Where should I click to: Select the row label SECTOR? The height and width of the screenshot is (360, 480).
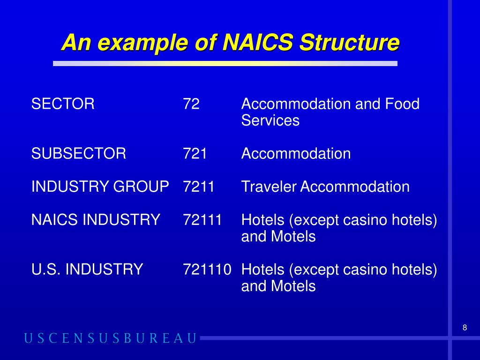63,104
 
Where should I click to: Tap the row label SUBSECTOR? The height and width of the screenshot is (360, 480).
79,153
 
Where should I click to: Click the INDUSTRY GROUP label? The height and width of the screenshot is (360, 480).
100,187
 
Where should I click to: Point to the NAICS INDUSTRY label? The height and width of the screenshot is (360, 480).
96,219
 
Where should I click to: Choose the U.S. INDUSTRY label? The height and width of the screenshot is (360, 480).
87,269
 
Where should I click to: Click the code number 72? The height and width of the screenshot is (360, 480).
191,104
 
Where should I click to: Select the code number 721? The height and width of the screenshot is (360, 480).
195,153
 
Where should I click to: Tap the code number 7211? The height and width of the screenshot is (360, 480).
199,187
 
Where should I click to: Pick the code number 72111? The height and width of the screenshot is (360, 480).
202,219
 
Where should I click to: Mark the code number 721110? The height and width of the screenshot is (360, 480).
207,269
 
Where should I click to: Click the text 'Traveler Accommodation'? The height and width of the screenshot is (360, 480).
325,187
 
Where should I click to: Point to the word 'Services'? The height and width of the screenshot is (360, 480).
270,120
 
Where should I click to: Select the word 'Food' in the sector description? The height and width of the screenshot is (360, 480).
402,104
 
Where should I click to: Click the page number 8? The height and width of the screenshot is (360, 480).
465,328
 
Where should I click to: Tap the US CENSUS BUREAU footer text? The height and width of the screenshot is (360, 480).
110,338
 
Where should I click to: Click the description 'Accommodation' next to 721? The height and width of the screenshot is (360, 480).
296,153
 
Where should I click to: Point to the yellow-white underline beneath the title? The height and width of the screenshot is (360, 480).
225,63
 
